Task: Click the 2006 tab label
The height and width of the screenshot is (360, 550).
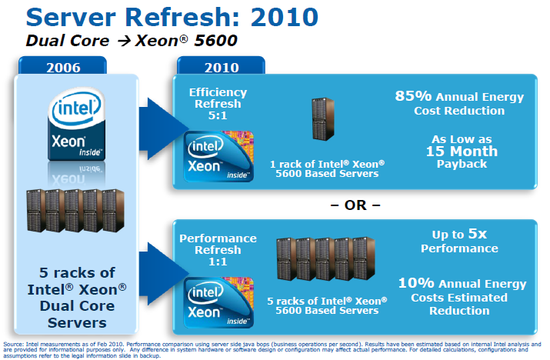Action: click(76, 67)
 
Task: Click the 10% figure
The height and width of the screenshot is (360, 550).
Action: click(416, 284)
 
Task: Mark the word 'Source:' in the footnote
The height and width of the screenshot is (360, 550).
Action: click(13, 343)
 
